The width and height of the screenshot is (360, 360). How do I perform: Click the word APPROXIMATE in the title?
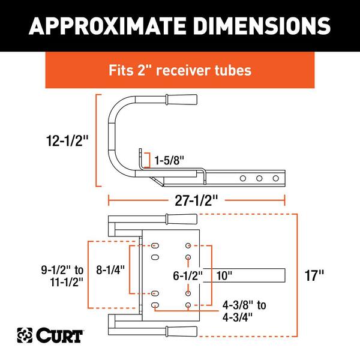[107, 26]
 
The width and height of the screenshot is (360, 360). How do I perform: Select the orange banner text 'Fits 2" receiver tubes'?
[180, 70]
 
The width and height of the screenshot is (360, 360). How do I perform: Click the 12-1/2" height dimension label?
[67, 140]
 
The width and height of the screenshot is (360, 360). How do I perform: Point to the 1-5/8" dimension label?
[169, 160]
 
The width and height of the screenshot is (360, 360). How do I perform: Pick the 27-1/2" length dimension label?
[196, 200]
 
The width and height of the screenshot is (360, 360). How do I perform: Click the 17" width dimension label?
[314, 275]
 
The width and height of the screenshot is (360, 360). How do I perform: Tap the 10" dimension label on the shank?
[224, 275]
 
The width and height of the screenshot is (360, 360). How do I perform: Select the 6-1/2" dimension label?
[188, 275]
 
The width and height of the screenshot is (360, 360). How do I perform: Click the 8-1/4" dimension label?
[110, 269]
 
